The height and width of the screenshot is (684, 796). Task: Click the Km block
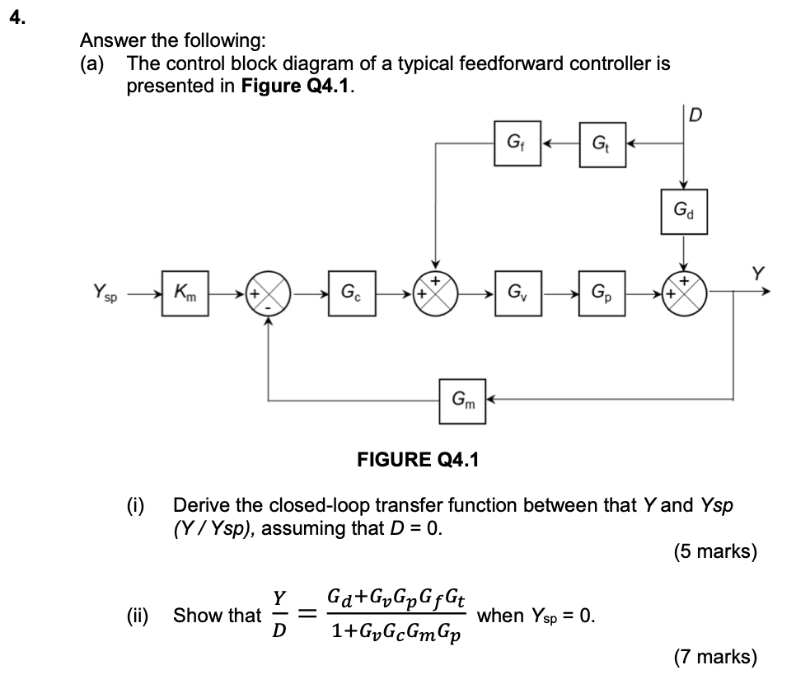[x=185, y=293]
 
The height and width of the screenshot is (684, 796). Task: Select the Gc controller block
[x=351, y=293]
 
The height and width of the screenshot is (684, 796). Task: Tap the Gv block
[x=517, y=293]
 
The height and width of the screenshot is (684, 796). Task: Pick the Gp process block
[x=602, y=293]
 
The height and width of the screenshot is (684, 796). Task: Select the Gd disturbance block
[x=684, y=213]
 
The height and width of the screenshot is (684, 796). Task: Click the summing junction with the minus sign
[x=269, y=293]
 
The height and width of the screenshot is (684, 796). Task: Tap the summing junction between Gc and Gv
[x=435, y=293]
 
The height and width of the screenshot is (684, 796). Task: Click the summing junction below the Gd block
[x=684, y=293]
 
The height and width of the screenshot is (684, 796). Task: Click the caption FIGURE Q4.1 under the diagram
[x=417, y=458]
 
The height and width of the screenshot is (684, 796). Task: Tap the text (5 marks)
[x=714, y=551]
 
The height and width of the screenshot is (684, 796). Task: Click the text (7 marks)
[x=714, y=657]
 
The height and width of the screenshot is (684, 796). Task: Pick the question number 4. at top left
[x=16, y=19]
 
